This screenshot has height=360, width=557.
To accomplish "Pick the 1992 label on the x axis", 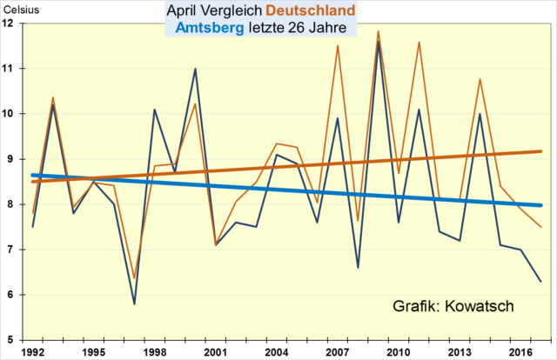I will tap(33, 352).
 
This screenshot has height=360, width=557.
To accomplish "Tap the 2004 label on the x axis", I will tap(276, 352).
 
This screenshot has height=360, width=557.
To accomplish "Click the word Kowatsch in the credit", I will tap(485, 306).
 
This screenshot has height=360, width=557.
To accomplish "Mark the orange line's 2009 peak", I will tap(378, 31).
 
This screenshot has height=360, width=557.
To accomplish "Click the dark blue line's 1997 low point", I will tap(134, 303).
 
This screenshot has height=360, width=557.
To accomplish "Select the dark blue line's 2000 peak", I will tap(195, 69).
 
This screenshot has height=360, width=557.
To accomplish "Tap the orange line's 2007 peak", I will tap(338, 46).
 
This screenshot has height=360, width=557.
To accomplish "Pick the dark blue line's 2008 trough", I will tap(358, 267).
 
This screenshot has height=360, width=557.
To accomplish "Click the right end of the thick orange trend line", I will tap(540, 151).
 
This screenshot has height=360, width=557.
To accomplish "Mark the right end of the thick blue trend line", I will tap(540, 205).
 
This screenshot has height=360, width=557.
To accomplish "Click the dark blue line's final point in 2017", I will tap(540, 281).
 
